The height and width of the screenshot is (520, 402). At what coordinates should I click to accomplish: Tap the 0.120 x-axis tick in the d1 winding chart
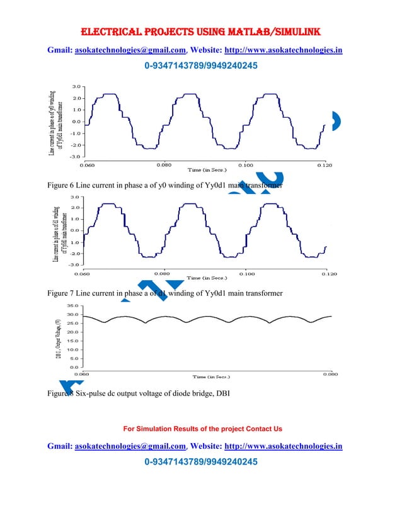click(x=328, y=274)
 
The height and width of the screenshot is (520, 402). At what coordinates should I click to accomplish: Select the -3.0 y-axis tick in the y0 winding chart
click(x=75, y=155)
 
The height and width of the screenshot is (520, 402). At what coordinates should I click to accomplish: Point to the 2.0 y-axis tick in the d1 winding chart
click(x=74, y=207)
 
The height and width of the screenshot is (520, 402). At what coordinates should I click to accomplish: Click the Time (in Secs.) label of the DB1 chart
click(x=211, y=376)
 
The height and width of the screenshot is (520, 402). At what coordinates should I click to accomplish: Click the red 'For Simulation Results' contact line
click(x=202, y=429)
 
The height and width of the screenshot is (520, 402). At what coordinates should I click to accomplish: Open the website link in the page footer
click(x=284, y=446)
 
